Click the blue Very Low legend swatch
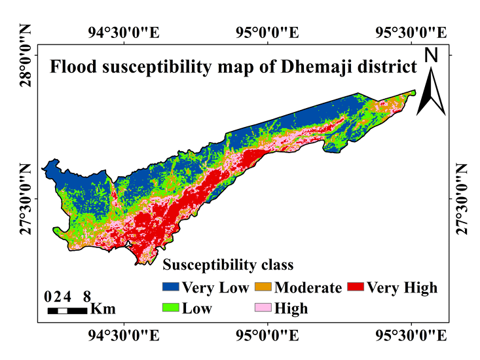coord(170,287)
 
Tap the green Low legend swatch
coord(170,308)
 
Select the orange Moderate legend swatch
coord(263,287)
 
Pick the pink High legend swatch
coord(263,308)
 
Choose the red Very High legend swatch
coord(356,287)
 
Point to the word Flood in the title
coord(73,67)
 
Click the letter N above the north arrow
coord(431,56)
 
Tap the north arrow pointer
coord(431,92)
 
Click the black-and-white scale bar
coord(67,311)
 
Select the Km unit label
coord(103,309)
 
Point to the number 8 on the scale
coord(87,297)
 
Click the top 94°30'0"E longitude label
coord(124,33)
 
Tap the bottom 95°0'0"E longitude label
coord(267,336)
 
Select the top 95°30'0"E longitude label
coord(411,33)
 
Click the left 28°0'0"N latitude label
coord(26,56)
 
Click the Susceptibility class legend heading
coord(228,265)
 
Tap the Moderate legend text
coord(308,287)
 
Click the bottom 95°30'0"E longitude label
coord(411,336)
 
